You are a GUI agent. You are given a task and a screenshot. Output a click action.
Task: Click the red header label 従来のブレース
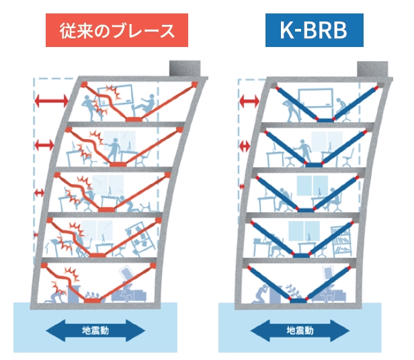click(116, 30)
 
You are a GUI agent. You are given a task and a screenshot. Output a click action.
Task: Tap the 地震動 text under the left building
click(95, 330)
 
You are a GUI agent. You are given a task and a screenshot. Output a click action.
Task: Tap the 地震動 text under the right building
click(300, 330)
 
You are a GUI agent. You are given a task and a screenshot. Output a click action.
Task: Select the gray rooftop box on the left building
click(185, 69)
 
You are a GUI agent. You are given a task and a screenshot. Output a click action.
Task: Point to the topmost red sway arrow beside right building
click(249, 101)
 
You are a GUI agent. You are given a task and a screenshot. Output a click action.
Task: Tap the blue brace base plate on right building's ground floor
click(298, 302)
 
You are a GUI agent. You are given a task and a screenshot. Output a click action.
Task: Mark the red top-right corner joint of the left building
click(195, 85)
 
